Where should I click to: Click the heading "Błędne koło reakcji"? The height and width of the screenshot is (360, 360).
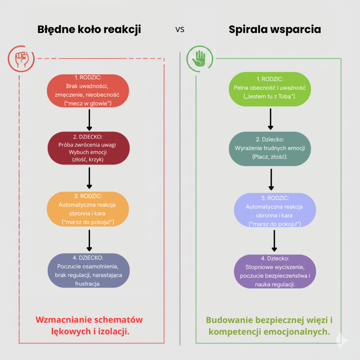tap(89, 30)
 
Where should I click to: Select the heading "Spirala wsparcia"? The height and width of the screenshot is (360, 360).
tap(275, 30)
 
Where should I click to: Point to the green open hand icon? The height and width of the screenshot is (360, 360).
tap(199, 58)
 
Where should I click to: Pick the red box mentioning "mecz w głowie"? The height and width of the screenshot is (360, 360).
tap(89, 90)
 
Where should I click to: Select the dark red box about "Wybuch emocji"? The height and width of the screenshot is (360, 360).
tap(89, 148)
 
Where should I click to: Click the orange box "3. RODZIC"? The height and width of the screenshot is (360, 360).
tap(88, 209)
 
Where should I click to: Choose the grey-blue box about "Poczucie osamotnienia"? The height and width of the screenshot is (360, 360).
tap(89, 270)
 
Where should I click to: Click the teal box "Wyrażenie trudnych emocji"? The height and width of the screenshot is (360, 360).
tap(270, 148)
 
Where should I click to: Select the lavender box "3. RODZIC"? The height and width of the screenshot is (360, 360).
tap(275, 210)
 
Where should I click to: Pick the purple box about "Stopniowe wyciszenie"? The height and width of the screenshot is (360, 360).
tap(275, 271)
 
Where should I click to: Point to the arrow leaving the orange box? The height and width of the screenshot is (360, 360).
tap(89, 240)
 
